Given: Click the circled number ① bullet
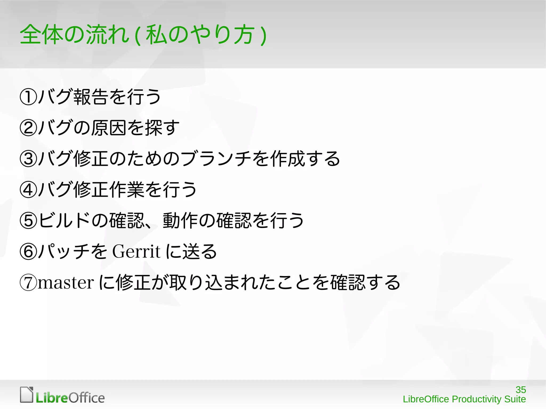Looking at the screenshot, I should tap(28, 97).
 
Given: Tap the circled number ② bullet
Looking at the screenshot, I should tap(28, 128).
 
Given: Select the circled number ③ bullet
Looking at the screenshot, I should tap(28, 159).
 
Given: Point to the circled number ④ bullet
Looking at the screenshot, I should tap(28, 190).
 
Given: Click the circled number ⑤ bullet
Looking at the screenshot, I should tap(28, 221).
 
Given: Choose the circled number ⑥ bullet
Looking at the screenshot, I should tap(28, 252).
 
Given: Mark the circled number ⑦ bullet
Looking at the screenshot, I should tap(28, 283).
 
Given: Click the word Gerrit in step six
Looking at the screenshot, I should tap(136, 251).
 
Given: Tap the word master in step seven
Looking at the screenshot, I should tap(66, 283).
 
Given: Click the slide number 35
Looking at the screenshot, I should tap(520, 390).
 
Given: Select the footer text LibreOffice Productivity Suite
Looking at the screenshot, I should tap(464, 399).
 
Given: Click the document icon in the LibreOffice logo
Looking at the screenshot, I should tap(27, 395).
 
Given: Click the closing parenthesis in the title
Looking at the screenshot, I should tap(263, 35).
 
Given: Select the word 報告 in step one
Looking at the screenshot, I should tap(90, 97).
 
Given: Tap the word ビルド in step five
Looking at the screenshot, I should tap(64, 221).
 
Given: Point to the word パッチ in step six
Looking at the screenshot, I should tap(64, 252).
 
